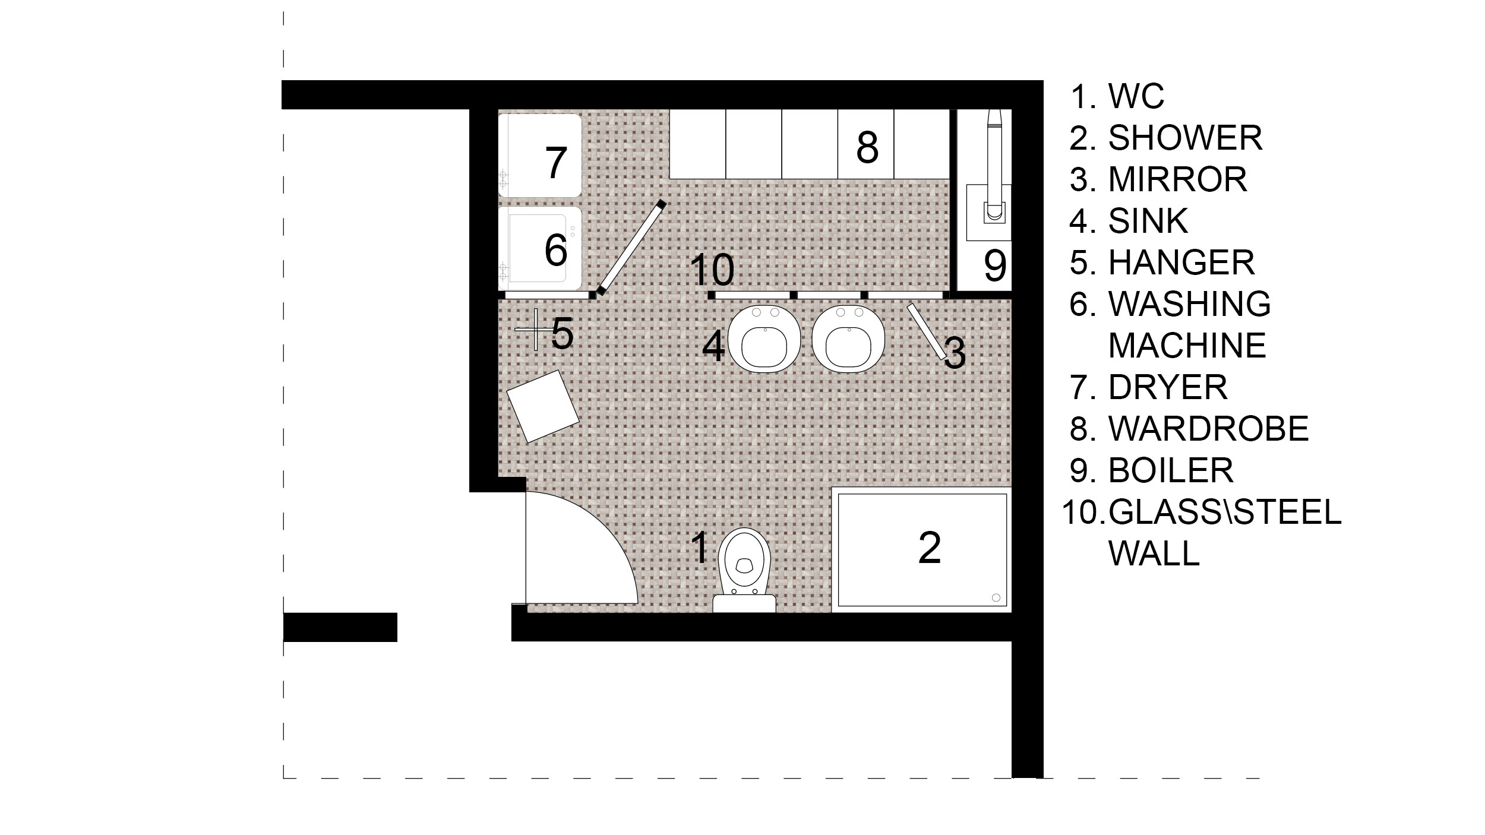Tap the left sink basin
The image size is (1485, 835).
[x=764, y=339]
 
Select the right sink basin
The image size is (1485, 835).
[x=848, y=339]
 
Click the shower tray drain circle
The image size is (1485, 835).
[x=996, y=597]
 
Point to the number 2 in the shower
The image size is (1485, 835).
[x=930, y=548]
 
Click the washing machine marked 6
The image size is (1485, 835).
[x=539, y=248]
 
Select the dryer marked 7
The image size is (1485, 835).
[x=539, y=156]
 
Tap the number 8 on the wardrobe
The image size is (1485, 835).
[x=867, y=147]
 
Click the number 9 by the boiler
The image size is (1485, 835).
[x=996, y=265]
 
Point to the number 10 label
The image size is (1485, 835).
[x=712, y=270]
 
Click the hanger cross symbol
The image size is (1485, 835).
[x=535, y=329]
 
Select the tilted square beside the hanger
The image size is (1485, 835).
[x=543, y=406]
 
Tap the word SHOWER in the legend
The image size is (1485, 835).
[x=1186, y=138]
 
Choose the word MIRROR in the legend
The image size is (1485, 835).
[x=1178, y=179]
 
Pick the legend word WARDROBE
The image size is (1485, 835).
[x=1209, y=429]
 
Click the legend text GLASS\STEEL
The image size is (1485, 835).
[x=1225, y=512]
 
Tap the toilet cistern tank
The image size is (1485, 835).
[x=744, y=603]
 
